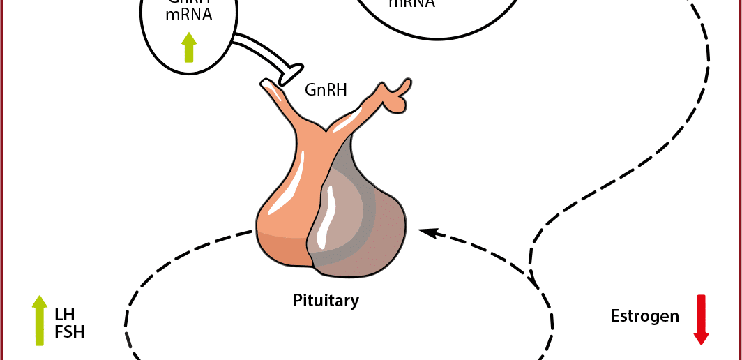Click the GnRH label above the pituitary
click(x=326, y=90)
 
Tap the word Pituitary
click(x=326, y=301)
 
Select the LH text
click(x=64, y=315)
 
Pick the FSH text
click(x=69, y=332)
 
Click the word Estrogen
click(x=644, y=316)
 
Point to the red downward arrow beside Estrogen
click(x=701, y=320)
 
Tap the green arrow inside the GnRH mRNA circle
click(x=188, y=48)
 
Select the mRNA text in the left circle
click(x=188, y=15)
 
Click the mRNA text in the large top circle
click(x=411, y=3)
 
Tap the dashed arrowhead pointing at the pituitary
click(x=427, y=232)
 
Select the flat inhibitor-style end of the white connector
click(x=291, y=73)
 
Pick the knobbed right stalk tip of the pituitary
click(x=398, y=98)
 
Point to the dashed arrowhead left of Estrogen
click(x=536, y=280)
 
